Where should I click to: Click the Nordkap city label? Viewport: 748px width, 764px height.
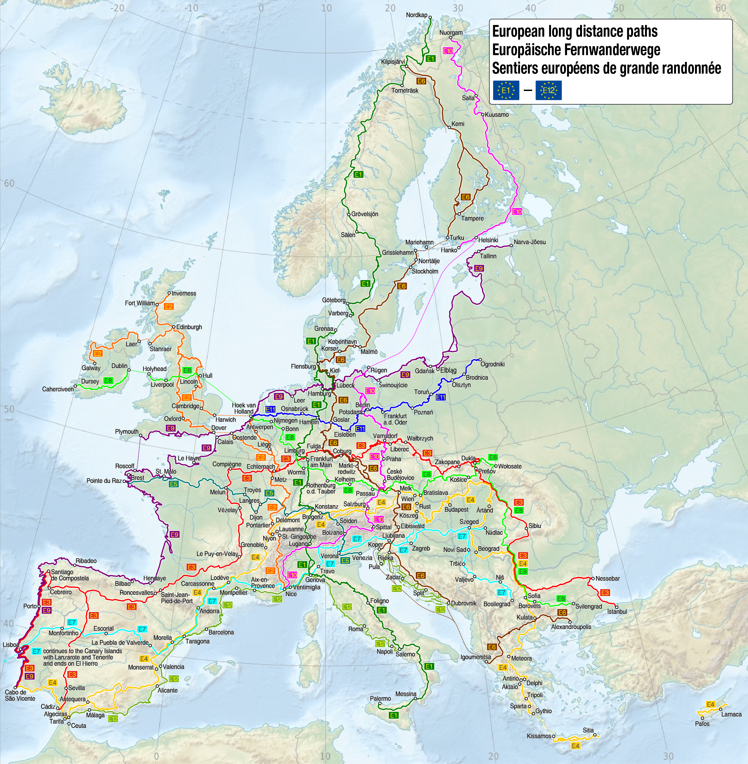(417, 15)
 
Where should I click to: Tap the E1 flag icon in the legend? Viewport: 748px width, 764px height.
(506, 90)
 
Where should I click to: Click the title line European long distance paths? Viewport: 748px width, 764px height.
(575, 32)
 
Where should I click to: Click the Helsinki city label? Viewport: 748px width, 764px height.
(488, 240)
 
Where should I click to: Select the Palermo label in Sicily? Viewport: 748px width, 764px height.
(380, 699)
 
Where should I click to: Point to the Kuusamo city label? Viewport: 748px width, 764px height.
(497, 115)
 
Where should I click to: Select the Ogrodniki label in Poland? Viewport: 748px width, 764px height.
(492, 364)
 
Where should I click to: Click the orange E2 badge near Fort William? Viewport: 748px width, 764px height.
(168, 307)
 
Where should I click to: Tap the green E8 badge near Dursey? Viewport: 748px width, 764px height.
(108, 381)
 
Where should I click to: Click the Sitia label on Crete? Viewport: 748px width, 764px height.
(588, 730)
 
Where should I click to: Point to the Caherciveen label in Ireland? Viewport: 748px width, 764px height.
(58, 389)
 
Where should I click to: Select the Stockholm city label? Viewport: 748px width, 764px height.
(425, 271)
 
